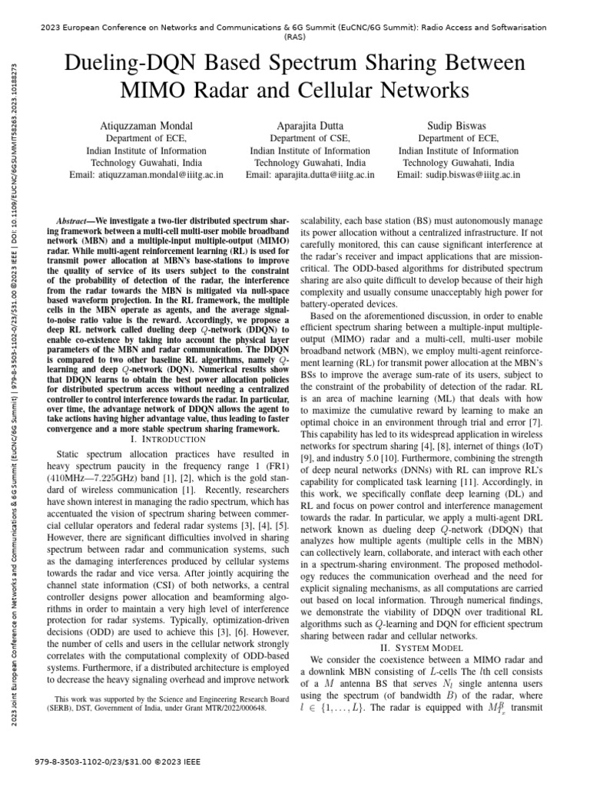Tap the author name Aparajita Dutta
(310, 125)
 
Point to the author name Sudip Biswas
(459, 125)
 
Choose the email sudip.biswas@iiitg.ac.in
(459, 175)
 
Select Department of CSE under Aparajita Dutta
(310, 139)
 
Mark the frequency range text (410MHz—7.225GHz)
(98, 475)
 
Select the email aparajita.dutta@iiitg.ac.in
(310, 175)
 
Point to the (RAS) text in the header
(295, 36)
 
